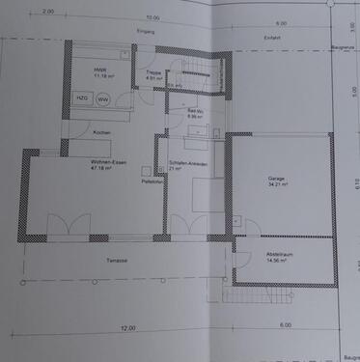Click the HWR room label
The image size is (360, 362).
point(100,70)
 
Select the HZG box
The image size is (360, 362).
point(81,98)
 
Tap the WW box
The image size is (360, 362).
point(103,98)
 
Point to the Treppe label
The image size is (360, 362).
point(153,72)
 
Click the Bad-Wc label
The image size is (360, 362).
point(194,111)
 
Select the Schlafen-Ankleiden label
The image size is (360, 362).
point(186,162)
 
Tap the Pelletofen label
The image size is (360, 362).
point(152,181)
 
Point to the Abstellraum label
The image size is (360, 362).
point(278,254)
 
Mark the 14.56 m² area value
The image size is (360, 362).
point(278,261)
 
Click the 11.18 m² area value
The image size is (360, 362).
point(100,77)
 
